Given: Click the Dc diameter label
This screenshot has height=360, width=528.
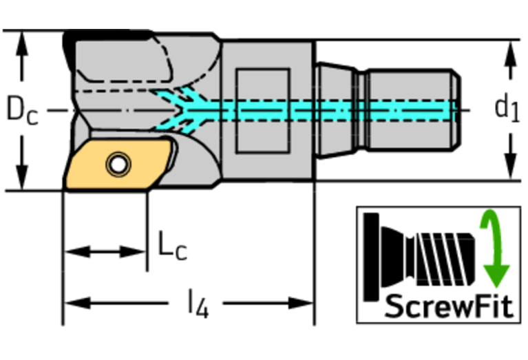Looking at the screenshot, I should pyautogui.click(x=21, y=110).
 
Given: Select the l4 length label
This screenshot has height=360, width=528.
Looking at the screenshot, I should pyautogui.click(x=197, y=303).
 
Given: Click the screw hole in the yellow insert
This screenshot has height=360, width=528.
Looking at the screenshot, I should pyautogui.click(x=118, y=164).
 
